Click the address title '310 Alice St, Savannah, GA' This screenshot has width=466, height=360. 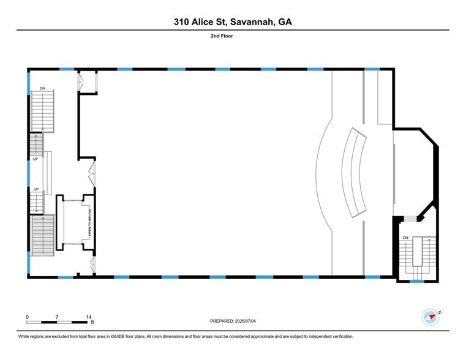coord(233,22)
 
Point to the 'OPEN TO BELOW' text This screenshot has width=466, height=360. coord(90,224)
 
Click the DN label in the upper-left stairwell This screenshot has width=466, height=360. coord(42,88)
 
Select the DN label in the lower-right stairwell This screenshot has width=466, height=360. coord(405,238)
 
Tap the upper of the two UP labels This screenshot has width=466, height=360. coord(36,159)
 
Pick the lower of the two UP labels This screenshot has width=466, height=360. coord(36,189)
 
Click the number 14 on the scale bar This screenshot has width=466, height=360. coord(89,317)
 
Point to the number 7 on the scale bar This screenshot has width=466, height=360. coord(57,317)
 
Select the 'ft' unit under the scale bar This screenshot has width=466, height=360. coord(92,322)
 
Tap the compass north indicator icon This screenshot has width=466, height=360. coord(430,317)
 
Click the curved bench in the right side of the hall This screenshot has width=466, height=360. coord(355,172)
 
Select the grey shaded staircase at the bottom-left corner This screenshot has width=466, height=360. coord(43,236)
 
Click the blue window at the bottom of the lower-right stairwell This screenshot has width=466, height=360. coord(417,281)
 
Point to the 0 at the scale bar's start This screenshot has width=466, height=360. coord(28,317)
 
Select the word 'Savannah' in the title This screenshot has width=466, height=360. coord(252,22)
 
